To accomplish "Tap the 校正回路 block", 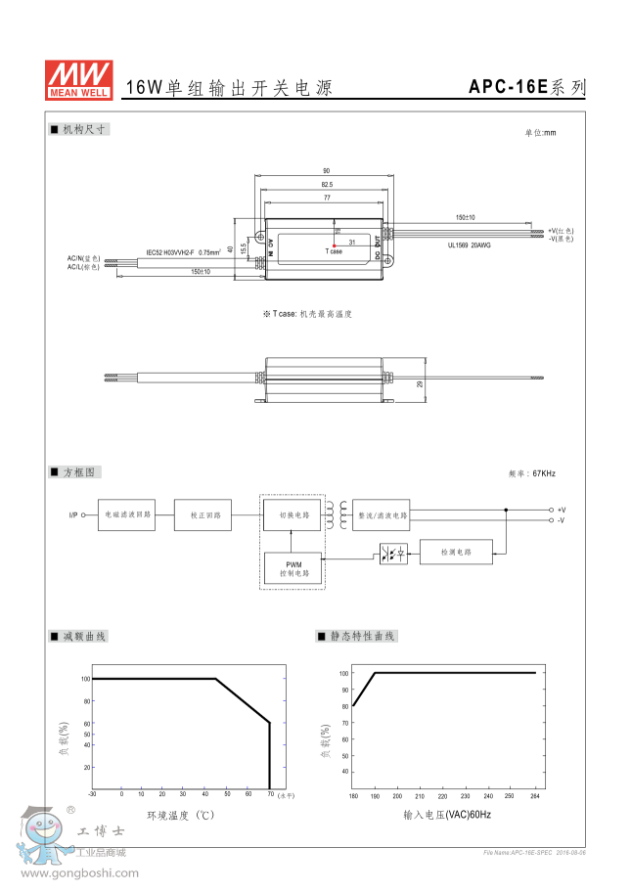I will tap(204, 514).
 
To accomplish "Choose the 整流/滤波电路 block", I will tap(382, 513).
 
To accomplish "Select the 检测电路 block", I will tap(457, 553).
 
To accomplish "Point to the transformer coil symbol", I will tap(336, 513).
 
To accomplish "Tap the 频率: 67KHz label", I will tap(532, 473).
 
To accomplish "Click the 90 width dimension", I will tap(326, 170).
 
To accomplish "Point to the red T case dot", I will tap(335, 245).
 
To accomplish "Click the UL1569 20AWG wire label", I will tap(470, 245).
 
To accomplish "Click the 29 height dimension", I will tap(420, 383).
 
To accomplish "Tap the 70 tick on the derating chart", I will tap(270, 794).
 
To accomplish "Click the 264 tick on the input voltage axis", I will tap(535, 795).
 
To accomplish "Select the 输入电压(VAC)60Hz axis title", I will tap(446, 814).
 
